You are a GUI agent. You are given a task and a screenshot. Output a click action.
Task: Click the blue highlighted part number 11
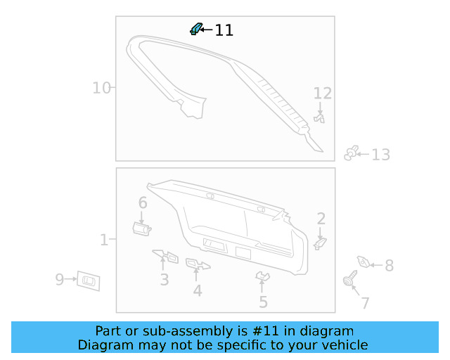coord(196,29)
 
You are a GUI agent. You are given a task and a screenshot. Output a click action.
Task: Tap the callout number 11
coord(224,30)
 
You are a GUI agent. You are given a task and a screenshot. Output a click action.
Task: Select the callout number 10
coord(101,88)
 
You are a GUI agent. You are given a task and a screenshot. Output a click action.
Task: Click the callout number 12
coord(323,94)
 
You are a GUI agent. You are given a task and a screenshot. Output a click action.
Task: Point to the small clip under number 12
coord(319,118)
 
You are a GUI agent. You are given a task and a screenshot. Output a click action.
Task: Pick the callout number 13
coord(381,155)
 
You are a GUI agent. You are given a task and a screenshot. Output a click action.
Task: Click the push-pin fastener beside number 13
coord(352,153)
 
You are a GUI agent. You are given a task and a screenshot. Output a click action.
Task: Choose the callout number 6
coord(143,202)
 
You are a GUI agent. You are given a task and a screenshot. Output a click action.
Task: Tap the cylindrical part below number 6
coord(142,229)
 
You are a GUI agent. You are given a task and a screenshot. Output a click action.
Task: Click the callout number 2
coord(321,219)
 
